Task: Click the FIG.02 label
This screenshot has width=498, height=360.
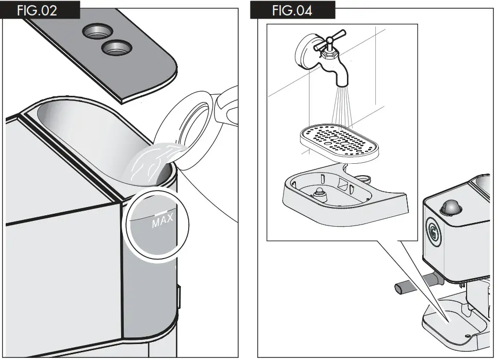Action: click(x=37, y=10)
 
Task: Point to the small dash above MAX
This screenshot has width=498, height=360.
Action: click(x=160, y=212)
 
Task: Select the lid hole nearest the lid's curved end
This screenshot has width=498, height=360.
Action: click(x=117, y=50)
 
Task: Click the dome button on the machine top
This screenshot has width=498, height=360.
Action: click(x=450, y=207)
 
